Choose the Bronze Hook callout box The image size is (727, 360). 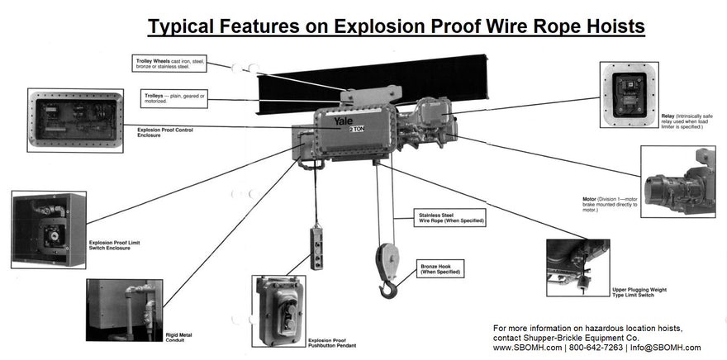click(440, 268)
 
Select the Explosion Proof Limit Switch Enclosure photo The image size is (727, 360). click(48, 229)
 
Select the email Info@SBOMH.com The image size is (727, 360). click(667, 348)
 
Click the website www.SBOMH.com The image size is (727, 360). click(526, 348)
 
